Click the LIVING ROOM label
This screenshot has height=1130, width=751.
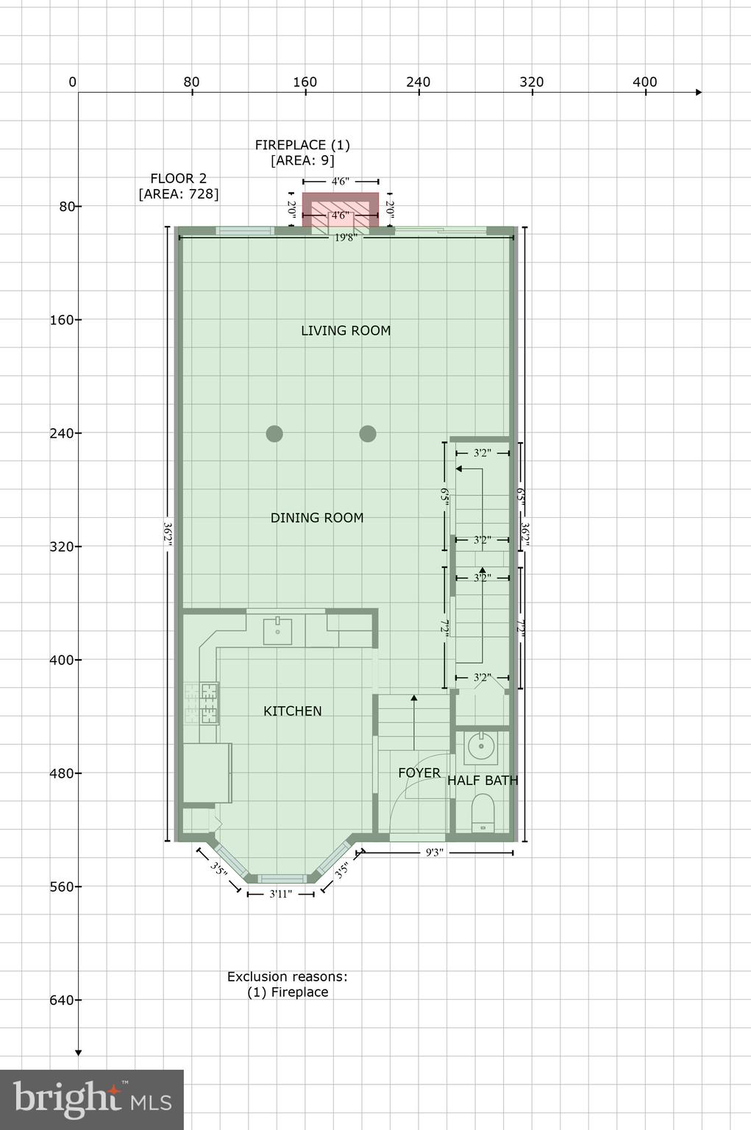(346, 331)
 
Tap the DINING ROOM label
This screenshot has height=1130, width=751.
(317, 518)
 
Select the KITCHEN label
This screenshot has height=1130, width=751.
(293, 711)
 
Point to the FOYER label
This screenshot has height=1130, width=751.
(419, 772)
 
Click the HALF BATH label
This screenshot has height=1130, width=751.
(483, 781)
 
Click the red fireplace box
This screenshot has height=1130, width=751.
(341, 210)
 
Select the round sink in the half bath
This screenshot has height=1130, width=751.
(482, 747)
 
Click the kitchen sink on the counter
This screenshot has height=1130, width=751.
(278, 631)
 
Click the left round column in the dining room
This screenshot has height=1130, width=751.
(274, 433)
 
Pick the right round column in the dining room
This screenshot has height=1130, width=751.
(368, 433)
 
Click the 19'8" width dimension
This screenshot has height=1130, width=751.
(346, 238)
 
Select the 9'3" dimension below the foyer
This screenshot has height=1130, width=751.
(435, 853)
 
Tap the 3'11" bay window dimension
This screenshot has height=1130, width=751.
(281, 894)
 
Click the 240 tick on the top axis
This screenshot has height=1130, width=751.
(419, 82)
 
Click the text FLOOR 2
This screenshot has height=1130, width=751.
(178, 178)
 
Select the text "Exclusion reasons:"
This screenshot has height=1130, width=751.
(287, 977)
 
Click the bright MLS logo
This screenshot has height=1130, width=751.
(92, 1099)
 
